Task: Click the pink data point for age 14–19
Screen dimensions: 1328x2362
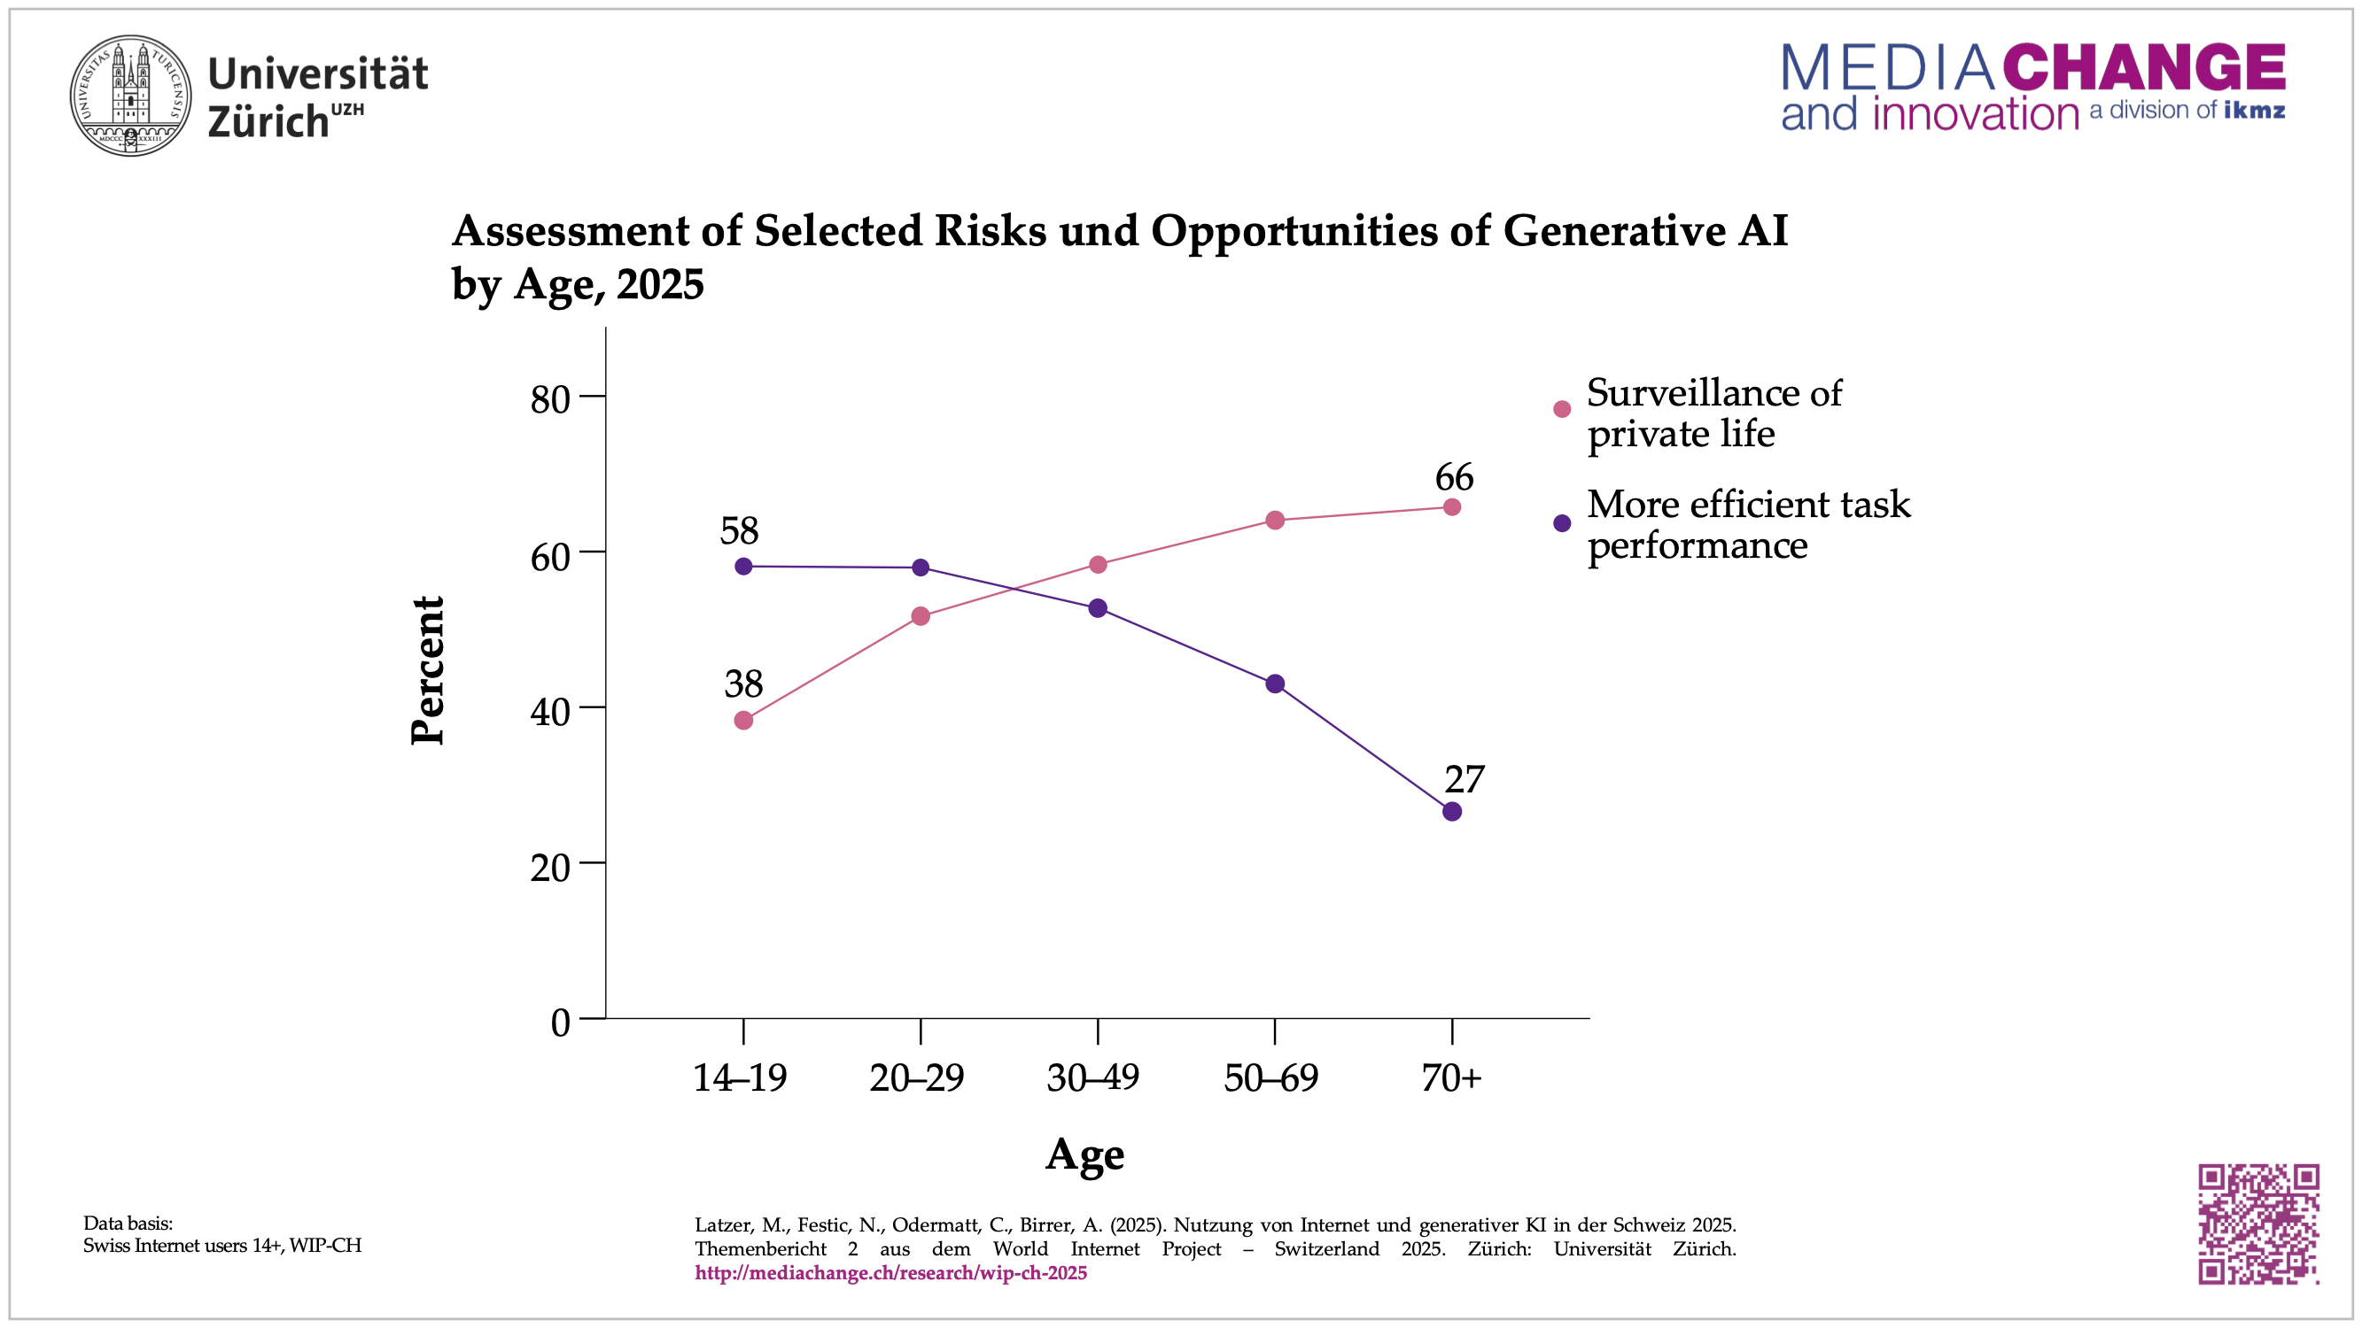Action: [x=743, y=721]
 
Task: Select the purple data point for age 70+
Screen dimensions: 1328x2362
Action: [x=1451, y=811]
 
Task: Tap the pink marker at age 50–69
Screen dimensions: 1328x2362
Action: [x=1275, y=521]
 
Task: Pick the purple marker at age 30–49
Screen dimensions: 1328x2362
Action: [x=1098, y=608]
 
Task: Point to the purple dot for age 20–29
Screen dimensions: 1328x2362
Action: [x=921, y=568]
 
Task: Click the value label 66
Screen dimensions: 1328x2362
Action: [x=1454, y=477]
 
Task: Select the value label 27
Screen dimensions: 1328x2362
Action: [x=1465, y=780]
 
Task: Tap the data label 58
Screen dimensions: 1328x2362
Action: [x=739, y=531]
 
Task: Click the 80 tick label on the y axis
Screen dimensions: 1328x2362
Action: [x=550, y=399]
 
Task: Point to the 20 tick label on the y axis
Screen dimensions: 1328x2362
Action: [x=550, y=867]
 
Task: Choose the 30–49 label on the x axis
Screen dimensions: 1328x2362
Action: [x=1093, y=1077]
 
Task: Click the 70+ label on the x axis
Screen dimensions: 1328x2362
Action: [x=1451, y=1077]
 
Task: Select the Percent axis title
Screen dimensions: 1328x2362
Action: [x=427, y=670]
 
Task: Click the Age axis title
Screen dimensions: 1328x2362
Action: [x=1084, y=1154]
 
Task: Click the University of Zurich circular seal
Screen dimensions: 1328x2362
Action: [x=131, y=96]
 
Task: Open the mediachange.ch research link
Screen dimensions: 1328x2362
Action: [x=890, y=1273]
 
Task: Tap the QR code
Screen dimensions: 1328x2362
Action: [x=2257, y=1224]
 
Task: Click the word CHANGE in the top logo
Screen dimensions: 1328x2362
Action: [x=2144, y=67]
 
